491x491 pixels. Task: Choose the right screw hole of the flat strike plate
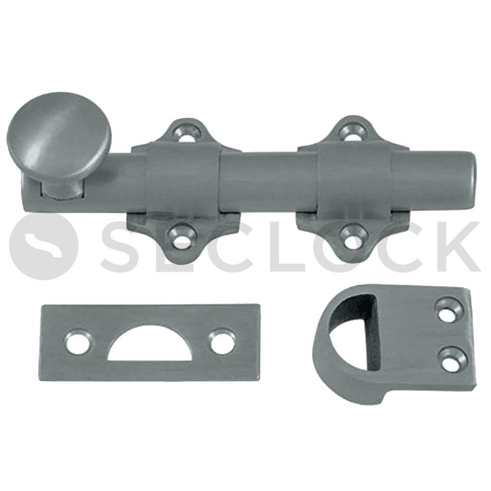coord(223,340)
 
